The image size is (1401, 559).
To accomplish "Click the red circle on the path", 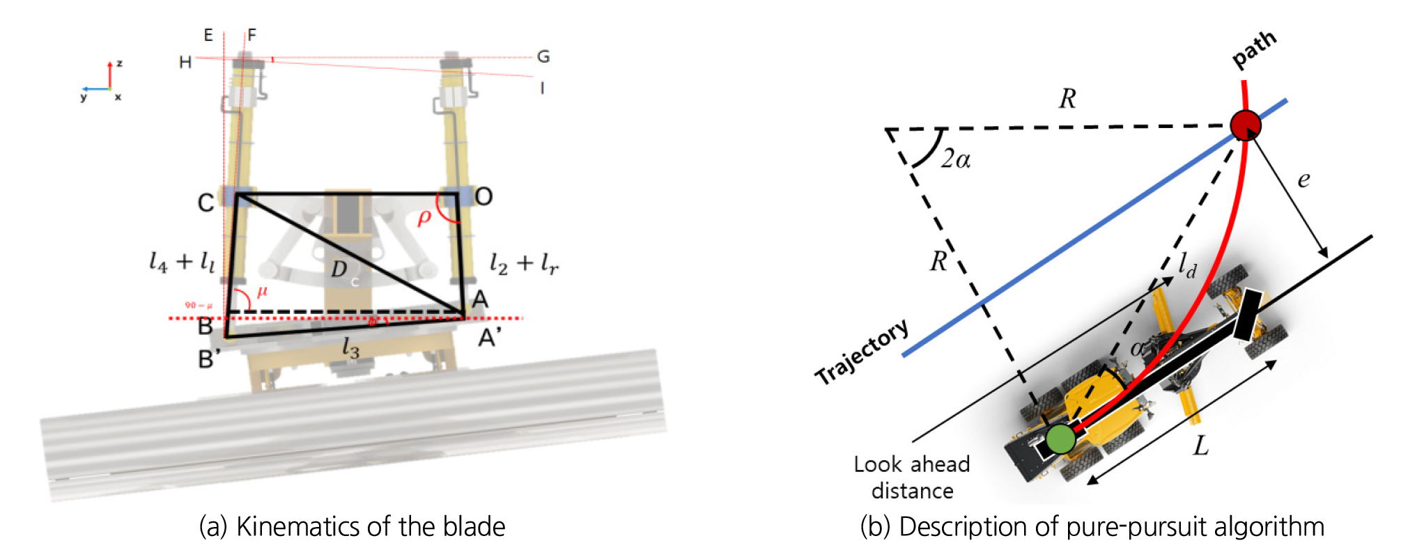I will pos(1245,125).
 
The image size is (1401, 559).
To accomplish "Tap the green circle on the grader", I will pos(1060,439).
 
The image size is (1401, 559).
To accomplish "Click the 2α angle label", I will pos(955,159).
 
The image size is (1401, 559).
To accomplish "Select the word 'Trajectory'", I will pos(862,352).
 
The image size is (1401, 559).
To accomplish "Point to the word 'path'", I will pos(1255,49).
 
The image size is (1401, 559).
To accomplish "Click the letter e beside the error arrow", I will pos(1303,180).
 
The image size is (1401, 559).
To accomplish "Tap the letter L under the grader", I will pos(1200,446).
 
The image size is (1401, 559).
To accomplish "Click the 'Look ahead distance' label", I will pos(912,478).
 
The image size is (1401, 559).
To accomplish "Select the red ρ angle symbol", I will pos(424,218).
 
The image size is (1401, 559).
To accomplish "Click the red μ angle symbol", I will pos(262,292).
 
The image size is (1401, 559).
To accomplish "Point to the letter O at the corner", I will pos(483,197).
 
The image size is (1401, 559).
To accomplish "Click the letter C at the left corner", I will pos(206,203).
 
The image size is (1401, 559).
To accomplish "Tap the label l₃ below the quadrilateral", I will pos(350,347).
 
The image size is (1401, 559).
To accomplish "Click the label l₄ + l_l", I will pos(182,262).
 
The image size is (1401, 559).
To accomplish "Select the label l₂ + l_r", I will pos(524,263).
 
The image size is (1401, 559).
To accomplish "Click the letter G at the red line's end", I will pos(543,56).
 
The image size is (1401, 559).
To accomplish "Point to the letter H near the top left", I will pos(185,63).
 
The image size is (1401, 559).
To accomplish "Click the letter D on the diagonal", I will pos(339,269).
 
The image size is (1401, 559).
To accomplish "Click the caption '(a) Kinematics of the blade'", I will pos(352,527).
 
